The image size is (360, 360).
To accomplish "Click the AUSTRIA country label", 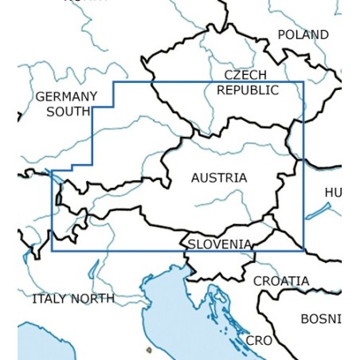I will (219, 178).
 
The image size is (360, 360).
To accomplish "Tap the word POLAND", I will (303, 35).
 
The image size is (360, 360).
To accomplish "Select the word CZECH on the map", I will (245, 76).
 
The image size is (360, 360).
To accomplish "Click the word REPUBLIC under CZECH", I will (248, 90).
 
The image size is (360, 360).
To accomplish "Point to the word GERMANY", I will (66, 97).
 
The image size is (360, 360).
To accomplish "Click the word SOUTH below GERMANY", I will (68, 112).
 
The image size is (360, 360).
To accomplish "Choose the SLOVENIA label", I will (220, 245).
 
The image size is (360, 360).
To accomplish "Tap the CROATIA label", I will (281, 281).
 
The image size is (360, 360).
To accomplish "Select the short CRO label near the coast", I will (259, 340).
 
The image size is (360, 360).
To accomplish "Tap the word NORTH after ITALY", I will (93, 299).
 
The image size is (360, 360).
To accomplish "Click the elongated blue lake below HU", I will (319, 211).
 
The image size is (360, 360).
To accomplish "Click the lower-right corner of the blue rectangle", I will (303, 250).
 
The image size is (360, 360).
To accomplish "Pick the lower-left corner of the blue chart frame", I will (53, 250).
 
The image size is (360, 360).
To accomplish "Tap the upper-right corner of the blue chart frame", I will (303, 81).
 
